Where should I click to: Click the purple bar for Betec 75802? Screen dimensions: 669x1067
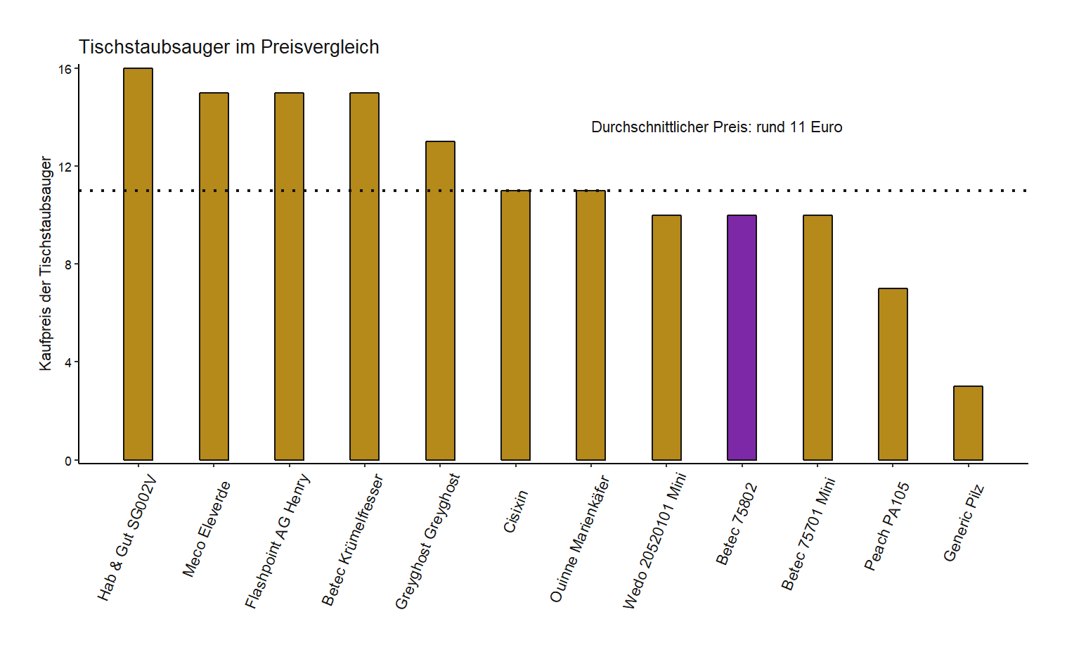[x=742, y=338]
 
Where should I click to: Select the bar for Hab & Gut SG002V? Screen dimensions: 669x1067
[x=138, y=265]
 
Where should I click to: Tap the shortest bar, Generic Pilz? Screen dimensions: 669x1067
[x=968, y=423]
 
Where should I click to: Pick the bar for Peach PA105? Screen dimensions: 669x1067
[x=893, y=374]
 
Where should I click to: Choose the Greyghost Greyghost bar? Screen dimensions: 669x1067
[x=440, y=301]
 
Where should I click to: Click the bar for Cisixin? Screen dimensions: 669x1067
[x=515, y=325]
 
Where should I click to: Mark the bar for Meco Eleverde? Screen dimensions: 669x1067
[x=214, y=276]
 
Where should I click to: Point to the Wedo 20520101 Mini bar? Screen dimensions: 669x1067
[x=666, y=338]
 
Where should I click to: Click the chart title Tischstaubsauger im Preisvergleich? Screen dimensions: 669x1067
[x=228, y=47]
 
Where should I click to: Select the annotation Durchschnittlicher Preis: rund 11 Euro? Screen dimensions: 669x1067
[x=716, y=127]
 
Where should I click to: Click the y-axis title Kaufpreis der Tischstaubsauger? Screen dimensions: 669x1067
[x=46, y=264]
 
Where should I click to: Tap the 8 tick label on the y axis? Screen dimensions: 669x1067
[x=68, y=265]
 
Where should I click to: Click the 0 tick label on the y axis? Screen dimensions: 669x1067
[x=68, y=461]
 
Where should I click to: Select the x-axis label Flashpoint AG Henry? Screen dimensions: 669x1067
[x=278, y=541]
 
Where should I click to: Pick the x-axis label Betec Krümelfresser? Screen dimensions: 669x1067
[x=352, y=540]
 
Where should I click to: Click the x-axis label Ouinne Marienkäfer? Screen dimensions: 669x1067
[x=579, y=540]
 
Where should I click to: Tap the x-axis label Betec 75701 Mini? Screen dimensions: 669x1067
[x=808, y=534]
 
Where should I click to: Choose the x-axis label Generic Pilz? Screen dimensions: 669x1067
[x=964, y=523]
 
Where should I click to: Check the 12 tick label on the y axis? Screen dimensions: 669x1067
[x=65, y=167]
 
